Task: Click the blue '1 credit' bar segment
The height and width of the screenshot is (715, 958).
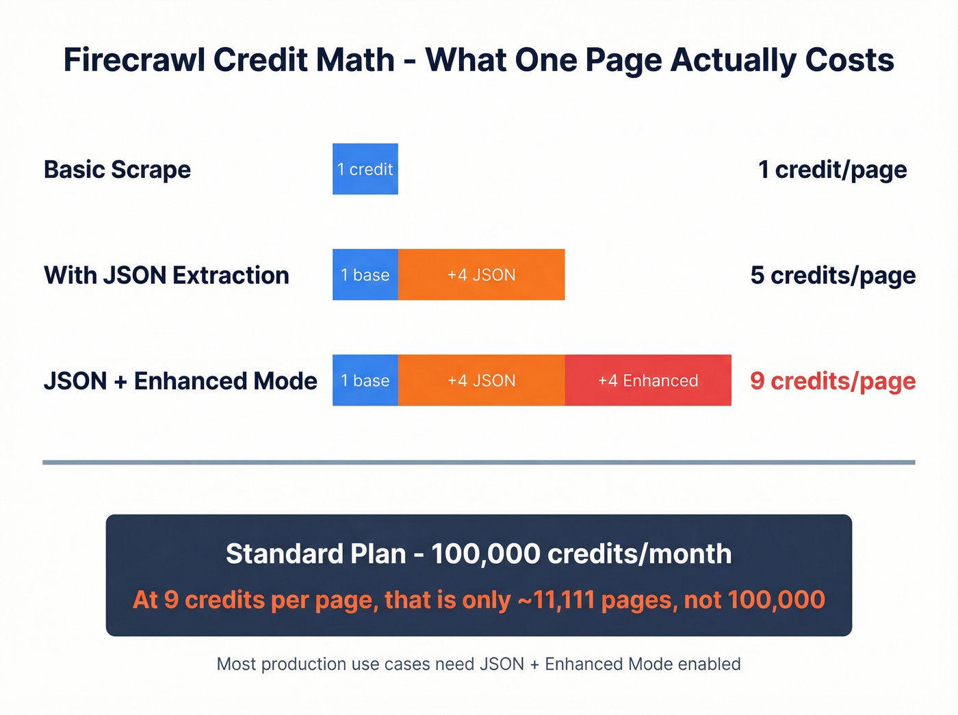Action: click(x=365, y=169)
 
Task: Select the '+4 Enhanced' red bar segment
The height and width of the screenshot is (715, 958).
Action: click(x=648, y=380)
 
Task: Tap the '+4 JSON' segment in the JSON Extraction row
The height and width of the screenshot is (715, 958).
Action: click(x=481, y=275)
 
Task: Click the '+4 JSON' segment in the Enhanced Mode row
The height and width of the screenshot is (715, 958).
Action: click(x=481, y=380)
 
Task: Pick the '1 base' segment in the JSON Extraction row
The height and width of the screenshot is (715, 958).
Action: click(x=365, y=275)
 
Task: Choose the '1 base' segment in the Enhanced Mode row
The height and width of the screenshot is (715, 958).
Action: click(x=365, y=380)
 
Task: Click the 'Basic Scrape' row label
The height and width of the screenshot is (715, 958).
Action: click(x=117, y=170)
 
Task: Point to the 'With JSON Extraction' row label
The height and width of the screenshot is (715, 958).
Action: click(x=166, y=275)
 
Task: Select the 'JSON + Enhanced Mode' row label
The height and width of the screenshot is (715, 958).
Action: click(x=180, y=381)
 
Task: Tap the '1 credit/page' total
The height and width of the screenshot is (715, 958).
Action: click(x=832, y=170)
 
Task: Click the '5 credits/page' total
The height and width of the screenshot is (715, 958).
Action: click(x=832, y=275)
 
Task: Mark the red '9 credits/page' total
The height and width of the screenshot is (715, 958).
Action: click(x=832, y=381)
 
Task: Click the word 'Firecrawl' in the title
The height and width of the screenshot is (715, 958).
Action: click(x=133, y=60)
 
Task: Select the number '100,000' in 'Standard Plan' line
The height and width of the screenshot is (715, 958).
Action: click(x=485, y=554)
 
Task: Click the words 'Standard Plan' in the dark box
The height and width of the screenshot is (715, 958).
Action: click(x=315, y=554)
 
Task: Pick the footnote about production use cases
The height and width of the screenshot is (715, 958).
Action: click(x=478, y=664)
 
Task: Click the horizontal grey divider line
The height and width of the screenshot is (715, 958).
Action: click(x=478, y=463)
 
